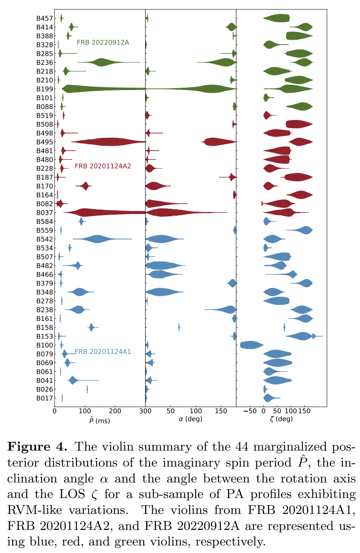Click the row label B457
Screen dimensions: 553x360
pyautogui.click(x=44, y=18)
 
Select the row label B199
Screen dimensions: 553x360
pyautogui.click(x=44, y=89)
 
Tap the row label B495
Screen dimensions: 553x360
pyautogui.click(x=44, y=142)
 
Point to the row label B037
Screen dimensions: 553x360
pyautogui.click(x=44, y=213)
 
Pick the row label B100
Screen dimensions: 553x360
pyautogui.click(x=44, y=345)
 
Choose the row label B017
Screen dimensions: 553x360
pyautogui.click(x=44, y=398)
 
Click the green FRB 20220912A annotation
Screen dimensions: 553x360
pyautogui.click(x=103, y=42)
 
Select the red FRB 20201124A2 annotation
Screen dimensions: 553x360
pyautogui.click(x=103, y=166)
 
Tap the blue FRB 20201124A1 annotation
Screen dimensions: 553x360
pyautogui.click(x=103, y=351)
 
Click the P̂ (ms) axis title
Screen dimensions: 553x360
pyautogui.click(x=99, y=420)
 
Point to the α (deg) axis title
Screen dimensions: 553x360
pyautogui.click(x=190, y=419)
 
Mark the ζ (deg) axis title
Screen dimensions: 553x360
pyautogui.click(x=281, y=419)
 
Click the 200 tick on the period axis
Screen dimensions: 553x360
pyautogui.click(x=115, y=411)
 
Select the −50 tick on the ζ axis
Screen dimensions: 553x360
pyautogui.click(x=250, y=411)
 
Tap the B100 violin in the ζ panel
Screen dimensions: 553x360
pyautogui.click(x=251, y=345)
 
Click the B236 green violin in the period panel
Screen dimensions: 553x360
pyautogui.click(x=102, y=62)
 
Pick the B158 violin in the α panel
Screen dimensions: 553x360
pyautogui.click(x=179, y=327)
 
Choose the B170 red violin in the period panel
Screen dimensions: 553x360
pyautogui.click(x=85, y=186)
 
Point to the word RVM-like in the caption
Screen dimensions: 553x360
pyautogui.click(x=32, y=510)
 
